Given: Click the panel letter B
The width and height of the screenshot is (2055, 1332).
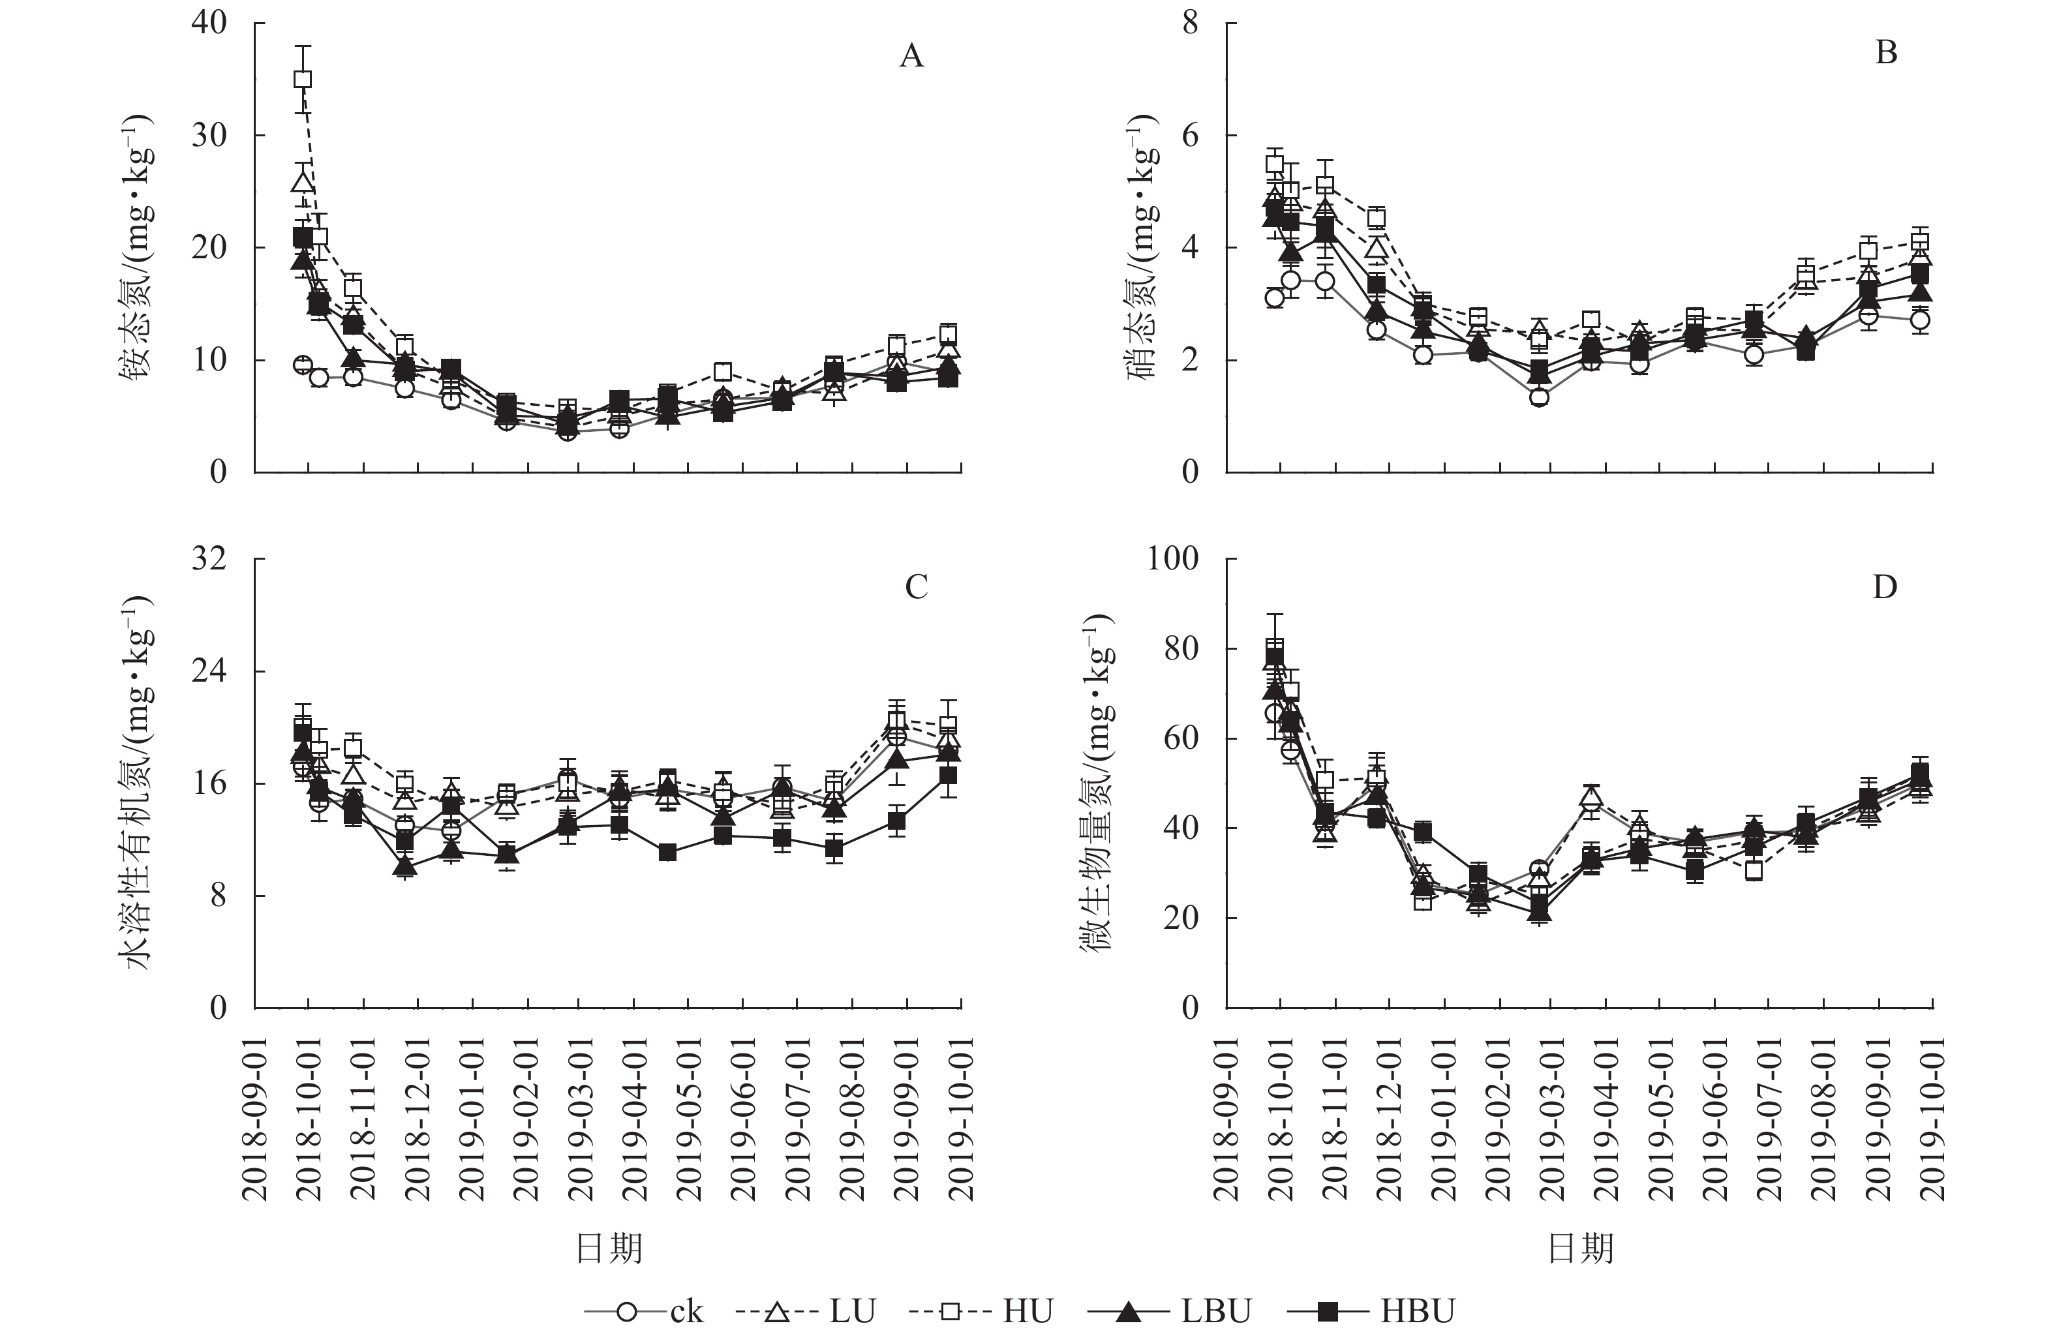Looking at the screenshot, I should pos(1886,53).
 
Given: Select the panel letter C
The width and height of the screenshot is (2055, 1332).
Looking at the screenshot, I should pos(915,588).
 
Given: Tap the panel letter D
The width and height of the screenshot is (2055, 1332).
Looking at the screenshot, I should pos(1884,588).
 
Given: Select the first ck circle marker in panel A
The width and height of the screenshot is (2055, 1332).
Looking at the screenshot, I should pos(302,364).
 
